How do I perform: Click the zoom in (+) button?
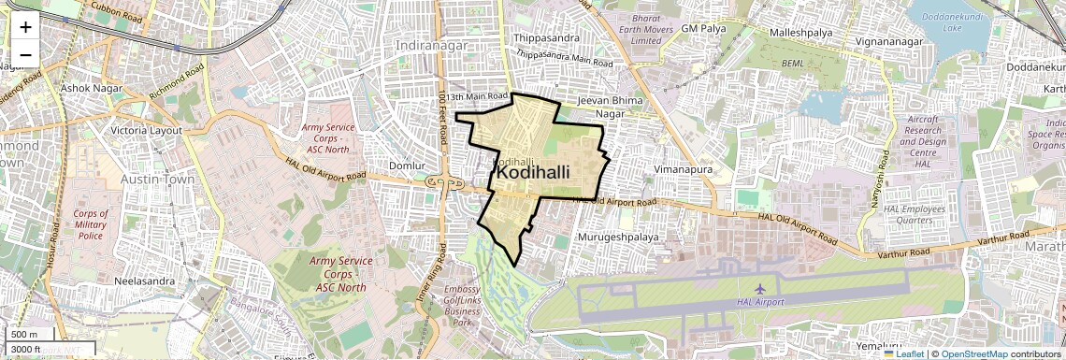25,27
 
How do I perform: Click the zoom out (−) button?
25,54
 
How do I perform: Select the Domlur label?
407,166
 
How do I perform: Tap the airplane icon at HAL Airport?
759,287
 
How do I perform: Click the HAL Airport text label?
759,302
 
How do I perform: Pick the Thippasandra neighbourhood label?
547,38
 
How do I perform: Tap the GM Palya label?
703,29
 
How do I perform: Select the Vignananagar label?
892,43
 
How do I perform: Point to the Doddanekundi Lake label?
954,22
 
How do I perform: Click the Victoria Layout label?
146,130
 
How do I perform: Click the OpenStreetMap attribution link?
973,354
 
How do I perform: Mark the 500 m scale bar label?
23,335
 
